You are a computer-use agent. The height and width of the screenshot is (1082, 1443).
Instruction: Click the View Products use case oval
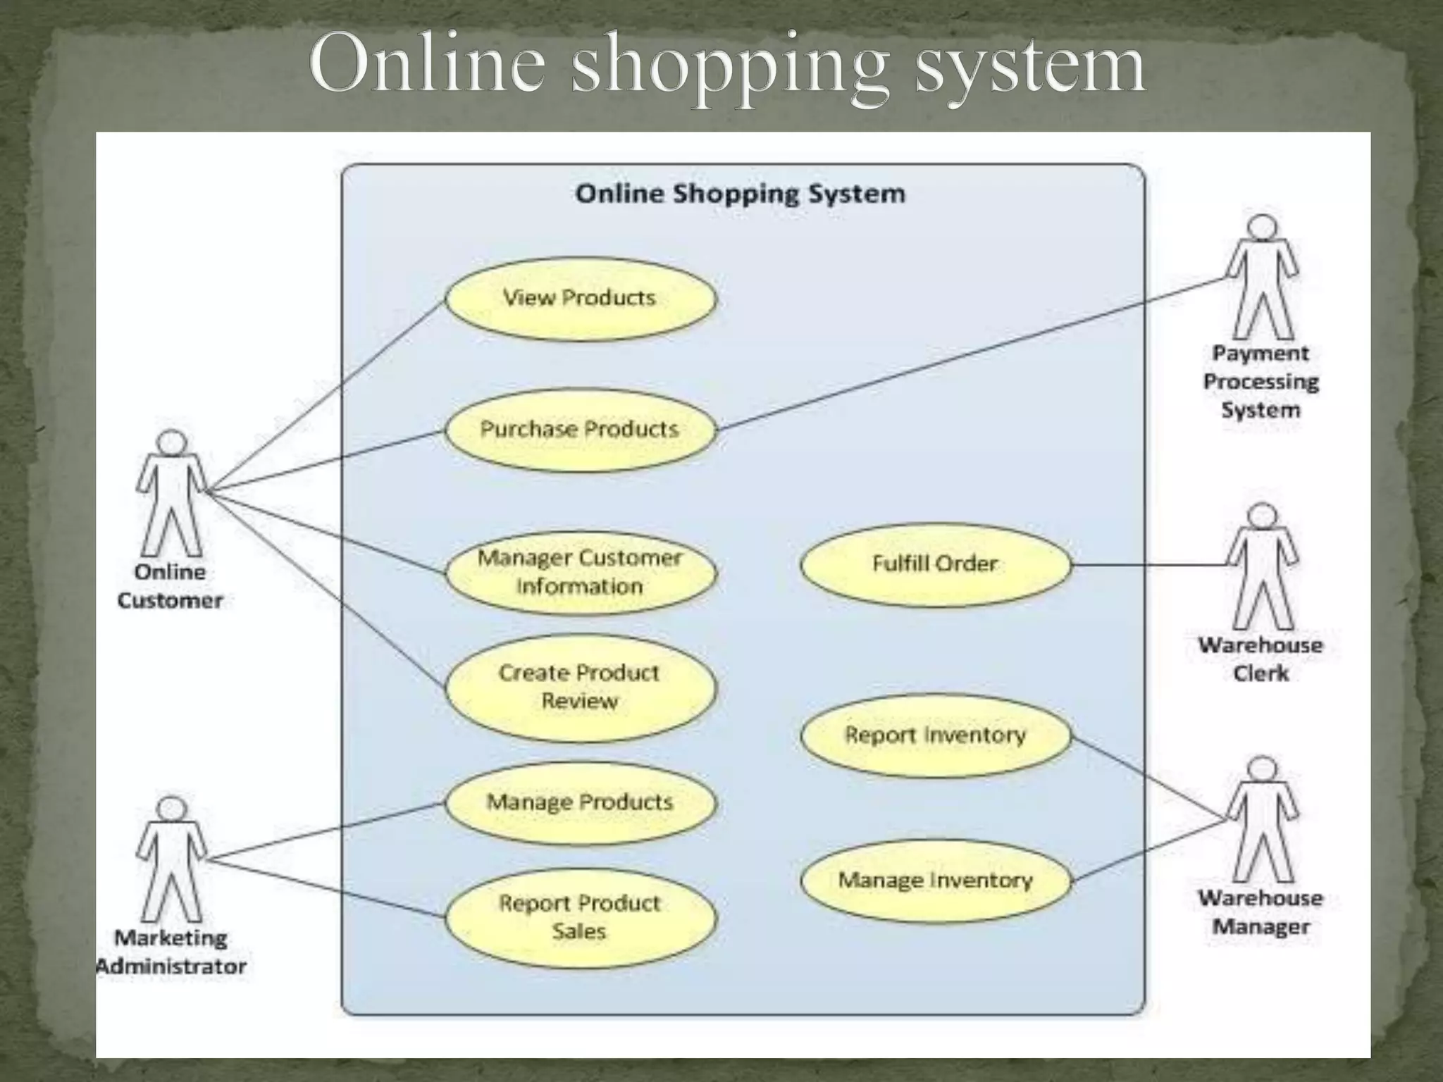point(580,299)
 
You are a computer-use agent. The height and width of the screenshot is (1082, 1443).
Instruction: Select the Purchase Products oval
point(580,430)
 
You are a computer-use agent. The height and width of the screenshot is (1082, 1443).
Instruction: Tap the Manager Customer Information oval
point(580,572)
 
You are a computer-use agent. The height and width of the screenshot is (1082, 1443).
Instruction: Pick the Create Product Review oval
point(580,688)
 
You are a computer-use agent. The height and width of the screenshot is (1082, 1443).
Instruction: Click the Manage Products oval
point(580,802)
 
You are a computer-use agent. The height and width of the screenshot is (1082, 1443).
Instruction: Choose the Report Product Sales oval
point(580,917)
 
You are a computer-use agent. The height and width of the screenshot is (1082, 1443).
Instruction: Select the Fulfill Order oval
point(935,564)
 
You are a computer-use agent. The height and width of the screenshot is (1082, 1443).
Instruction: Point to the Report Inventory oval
point(935,735)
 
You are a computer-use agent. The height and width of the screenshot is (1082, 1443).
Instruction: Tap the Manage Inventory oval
point(935,881)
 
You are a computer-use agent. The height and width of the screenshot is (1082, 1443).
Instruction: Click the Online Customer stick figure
point(171,493)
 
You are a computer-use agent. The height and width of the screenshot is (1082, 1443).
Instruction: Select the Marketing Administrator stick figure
point(171,859)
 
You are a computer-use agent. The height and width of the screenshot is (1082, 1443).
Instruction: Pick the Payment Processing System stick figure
point(1261,278)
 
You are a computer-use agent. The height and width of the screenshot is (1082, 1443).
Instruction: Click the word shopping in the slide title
point(729,67)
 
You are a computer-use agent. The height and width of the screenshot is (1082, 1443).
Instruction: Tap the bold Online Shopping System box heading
point(740,194)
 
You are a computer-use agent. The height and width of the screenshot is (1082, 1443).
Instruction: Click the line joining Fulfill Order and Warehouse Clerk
point(1148,565)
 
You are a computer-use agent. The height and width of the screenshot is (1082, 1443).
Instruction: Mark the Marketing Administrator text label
point(171,952)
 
